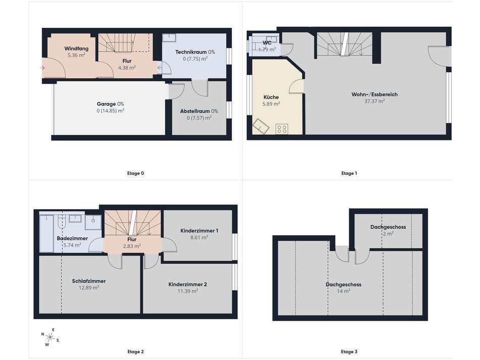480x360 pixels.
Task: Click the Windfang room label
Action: (76, 49)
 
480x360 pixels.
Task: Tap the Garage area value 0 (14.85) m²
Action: (111, 111)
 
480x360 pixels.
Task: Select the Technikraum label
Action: (190, 52)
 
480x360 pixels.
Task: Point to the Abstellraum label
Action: (195, 111)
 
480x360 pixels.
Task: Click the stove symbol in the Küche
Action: (281, 129)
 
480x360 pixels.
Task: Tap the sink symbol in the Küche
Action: (261, 126)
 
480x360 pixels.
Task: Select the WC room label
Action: (267, 43)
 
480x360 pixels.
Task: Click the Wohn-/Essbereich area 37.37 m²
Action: (374, 101)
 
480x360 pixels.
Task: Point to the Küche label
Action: (271, 97)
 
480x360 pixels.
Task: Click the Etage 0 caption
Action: (135, 173)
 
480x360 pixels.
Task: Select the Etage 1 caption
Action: (349, 173)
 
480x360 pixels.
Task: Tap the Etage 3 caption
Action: (349, 351)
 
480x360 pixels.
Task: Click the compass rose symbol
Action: (50, 337)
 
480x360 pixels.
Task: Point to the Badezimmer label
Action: (72, 238)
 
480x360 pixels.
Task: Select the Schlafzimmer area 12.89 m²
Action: (89, 288)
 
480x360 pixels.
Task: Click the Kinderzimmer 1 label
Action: (199, 231)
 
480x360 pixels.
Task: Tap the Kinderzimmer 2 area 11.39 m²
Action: (187, 291)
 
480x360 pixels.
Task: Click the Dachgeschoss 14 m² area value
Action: (344, 291)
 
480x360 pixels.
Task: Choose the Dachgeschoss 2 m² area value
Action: (388, 234)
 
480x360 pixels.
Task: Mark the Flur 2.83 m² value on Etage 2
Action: (132, 246)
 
